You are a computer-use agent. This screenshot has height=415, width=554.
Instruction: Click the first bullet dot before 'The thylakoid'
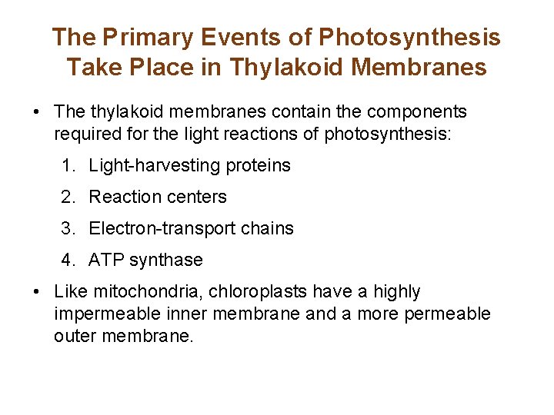37,112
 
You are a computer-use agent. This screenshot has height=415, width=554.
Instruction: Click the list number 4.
68,261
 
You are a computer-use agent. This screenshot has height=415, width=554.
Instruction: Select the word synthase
165,261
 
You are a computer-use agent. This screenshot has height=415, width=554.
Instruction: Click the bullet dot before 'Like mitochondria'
37,292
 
